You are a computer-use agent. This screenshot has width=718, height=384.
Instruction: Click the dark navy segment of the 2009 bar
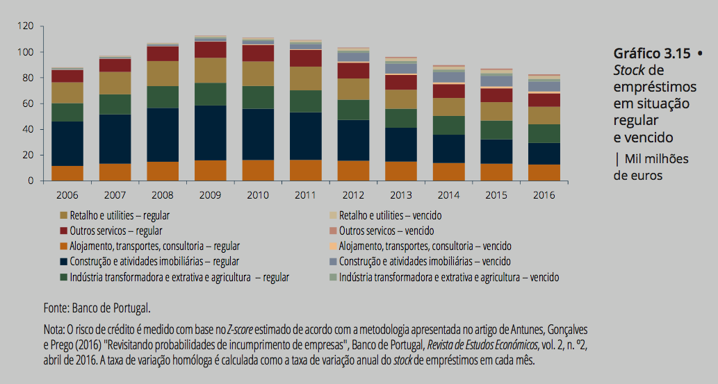pyautogui.click(x=210, y=133)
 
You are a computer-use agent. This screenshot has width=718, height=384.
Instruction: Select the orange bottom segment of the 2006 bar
pyautogui.click(x=67, y=173)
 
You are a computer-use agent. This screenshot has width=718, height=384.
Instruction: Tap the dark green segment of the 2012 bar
pyautogui.click(x=353, y=110)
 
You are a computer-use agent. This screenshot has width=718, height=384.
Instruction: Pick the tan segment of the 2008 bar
pyautogui.click(x=163, y=73)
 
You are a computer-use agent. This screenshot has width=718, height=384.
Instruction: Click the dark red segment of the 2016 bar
pyautogui.click(x=544, y=99)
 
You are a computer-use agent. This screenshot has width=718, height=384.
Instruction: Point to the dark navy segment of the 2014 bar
pyautogui.click(x=448, y=149)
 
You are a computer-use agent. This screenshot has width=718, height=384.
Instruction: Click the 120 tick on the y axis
pyautogui.click(x=27, y=26)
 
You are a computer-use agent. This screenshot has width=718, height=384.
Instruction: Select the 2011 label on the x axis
pyautogui.click(x=305, y=196)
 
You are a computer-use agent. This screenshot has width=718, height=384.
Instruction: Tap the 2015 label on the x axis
pyautogui.click(x=496, y=196)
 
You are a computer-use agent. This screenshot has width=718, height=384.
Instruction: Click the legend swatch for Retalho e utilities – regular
pyautogui.click(x=64, y=216)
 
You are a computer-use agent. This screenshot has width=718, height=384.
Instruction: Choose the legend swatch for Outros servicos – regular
pyautogui.click(x=64, y=231)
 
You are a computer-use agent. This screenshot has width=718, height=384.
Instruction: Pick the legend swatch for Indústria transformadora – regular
pyautogui.click(x=64, y=277)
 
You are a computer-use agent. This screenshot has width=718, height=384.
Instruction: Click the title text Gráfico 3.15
pyautogui.click(x=652, y=53)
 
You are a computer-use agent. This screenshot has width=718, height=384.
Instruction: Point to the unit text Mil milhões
pyautogui.click(x=656, y=159)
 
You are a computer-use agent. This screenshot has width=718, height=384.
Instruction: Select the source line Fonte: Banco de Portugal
pyautogui.click(x=97, y=307)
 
